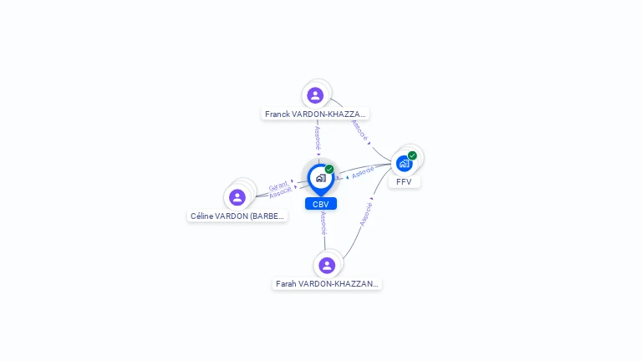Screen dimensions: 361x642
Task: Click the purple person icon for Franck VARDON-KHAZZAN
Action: [x=315, y=94]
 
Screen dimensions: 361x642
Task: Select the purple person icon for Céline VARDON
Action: [x=237, y=197]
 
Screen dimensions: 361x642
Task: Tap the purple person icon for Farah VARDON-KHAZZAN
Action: [x=327, y=265]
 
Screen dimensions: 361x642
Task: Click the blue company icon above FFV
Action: [x=404, y=163]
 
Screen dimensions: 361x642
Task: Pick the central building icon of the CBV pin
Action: [x=320, y=178]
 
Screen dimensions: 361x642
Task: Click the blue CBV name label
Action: [x=321, y=204]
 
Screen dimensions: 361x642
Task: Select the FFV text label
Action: [x=404, y=181]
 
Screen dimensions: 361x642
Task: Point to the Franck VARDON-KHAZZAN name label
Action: [x=315, y=114]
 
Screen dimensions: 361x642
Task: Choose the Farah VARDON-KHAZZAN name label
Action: [x=327, y=284]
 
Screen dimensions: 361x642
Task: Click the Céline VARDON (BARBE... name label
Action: [x=237, y=216]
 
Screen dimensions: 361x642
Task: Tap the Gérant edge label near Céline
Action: [x=278, y=185]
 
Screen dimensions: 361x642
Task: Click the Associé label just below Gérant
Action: [x=281, y=192]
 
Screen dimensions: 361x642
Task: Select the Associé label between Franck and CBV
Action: [x=318, y=138]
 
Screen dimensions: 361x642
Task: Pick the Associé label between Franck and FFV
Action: [x=359, y=130]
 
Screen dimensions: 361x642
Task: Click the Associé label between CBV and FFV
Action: [x=363, y=173]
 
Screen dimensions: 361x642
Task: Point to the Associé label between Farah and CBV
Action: [x=324, y=223]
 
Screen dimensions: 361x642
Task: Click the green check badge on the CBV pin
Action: [x=329, y=170]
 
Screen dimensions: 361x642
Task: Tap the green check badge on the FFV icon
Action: [x=412, y=155]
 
